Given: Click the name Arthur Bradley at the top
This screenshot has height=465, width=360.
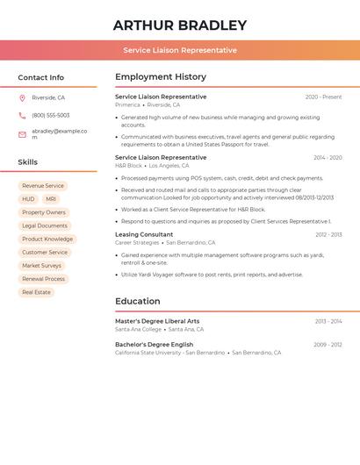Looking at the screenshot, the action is click(x=179, y=25).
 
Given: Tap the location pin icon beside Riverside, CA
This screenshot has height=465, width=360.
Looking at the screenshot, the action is click(x=22, y=97).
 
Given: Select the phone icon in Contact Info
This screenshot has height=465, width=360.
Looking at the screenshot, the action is click(x=22, y=115).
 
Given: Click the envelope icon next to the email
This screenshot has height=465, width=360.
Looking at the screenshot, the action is click(x=22, y=134).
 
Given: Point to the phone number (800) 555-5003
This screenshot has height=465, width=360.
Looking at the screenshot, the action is click(x=51, y=115).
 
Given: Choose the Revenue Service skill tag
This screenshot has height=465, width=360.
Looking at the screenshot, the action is click(x=43, y=186).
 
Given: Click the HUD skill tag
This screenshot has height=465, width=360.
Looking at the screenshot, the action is click(x=29, y=199).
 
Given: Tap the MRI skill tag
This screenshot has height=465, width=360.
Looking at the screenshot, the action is click(x=51, y=199).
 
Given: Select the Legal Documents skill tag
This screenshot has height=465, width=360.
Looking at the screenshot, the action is click(x=45, y=225).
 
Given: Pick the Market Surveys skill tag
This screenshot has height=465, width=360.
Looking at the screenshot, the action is click(x=42, y=266).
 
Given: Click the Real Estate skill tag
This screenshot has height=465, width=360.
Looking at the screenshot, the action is click(x=36, y=292).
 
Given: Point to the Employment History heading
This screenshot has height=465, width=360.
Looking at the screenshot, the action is click(x=161, y=77).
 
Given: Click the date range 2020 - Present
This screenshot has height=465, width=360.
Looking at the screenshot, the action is click(x=323, y=97).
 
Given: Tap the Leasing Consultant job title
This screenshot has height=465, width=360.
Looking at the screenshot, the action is click(x=144, y=234).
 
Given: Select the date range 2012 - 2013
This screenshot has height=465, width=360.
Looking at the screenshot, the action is click(x=328, y=234).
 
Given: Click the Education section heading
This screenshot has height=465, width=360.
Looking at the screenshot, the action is click(x=137, y=302).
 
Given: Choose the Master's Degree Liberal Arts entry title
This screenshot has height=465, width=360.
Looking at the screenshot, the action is click(x=157, y=321).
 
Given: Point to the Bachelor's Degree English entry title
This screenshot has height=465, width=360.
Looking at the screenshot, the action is click(x=154, y=345).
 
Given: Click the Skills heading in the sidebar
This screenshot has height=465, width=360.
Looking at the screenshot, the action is click(x=27, y=162).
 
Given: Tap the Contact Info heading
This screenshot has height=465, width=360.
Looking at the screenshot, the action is click(x=40, y=77).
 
